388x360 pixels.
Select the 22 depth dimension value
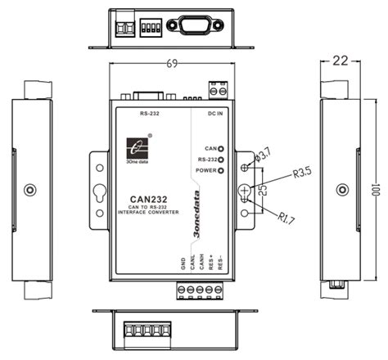tap(341, 61)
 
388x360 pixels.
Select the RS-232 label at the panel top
tap(150, 115)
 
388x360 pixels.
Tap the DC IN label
tap(216, 115)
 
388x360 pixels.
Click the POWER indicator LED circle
tap(220, 170)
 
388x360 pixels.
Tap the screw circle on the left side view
tap(30, 190)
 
